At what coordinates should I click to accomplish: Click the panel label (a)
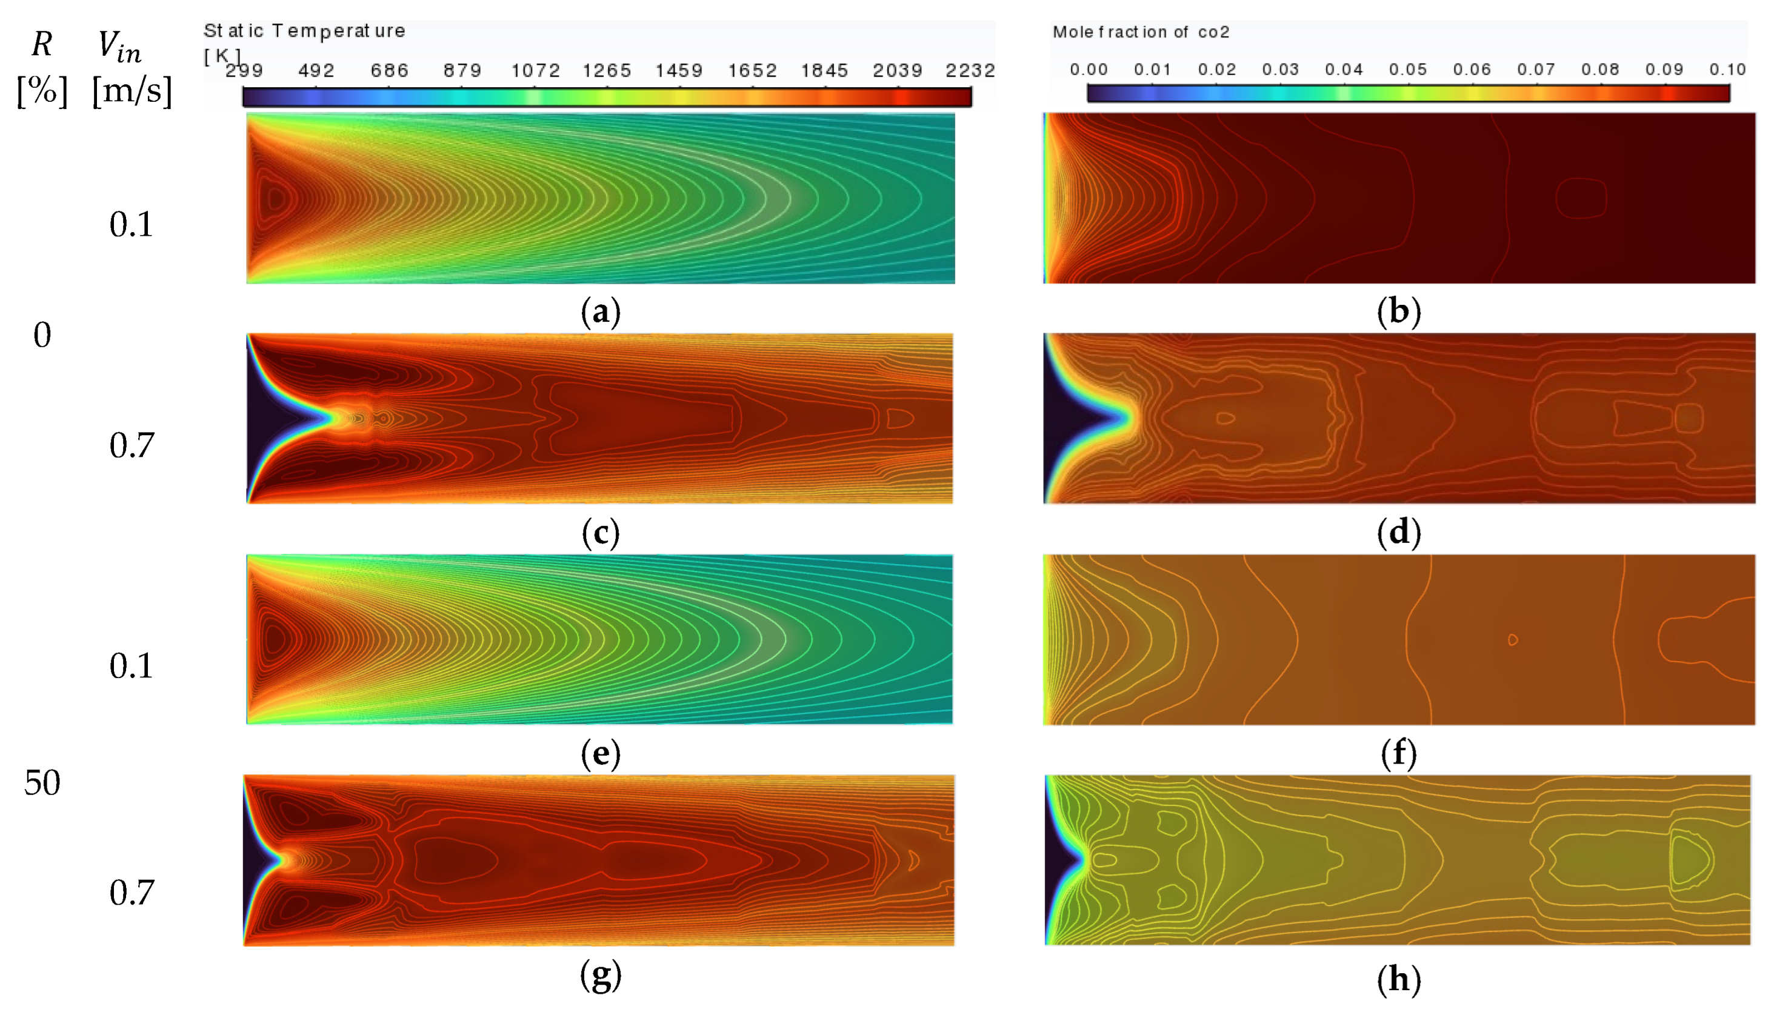pos(601,312)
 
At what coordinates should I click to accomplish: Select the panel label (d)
pos(1398,533)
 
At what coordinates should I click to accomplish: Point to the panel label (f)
pos(1398,753)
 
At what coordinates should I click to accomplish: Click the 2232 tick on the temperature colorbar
pos(970,71)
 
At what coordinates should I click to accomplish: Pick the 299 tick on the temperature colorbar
pos(245,71)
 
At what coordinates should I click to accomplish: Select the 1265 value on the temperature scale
pos(606,71)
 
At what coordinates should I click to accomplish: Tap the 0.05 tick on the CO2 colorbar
pos(1408,70)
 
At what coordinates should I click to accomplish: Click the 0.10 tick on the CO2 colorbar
pos(1727,70)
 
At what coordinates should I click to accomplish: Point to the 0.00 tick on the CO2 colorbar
pos(1089,70)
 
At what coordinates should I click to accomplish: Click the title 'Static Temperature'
pos(304,32)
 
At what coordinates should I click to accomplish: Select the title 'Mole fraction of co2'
pos(1141,32)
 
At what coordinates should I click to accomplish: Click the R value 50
pos(42,782)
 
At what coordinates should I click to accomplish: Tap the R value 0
pos(42,335)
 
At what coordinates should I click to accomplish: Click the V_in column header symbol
pos(119,46)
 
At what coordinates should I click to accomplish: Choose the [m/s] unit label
pos(132,91)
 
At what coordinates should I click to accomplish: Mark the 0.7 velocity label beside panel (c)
pos(132,445)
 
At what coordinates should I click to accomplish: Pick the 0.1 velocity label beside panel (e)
pos(132,666)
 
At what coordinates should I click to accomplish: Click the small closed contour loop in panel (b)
pos(1581,198)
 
